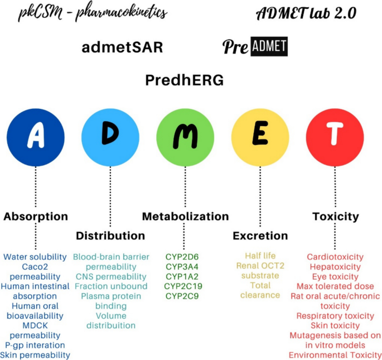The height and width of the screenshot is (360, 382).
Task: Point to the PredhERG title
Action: tap(185, 80)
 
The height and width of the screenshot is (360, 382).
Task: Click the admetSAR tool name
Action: tap(122, 47)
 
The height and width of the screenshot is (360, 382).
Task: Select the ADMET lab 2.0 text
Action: tap(306, 13)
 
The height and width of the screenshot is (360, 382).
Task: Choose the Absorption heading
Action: tap(36, 217)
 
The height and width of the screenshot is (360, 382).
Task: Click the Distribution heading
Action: tap(110, 236)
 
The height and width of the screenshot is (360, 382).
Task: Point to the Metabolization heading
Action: tap(185, 217)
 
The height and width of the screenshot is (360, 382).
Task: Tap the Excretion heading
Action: tap(260, 236)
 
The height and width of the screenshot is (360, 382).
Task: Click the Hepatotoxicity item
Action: tap(335, 267)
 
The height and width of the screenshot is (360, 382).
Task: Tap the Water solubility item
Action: tap(35, 257)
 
